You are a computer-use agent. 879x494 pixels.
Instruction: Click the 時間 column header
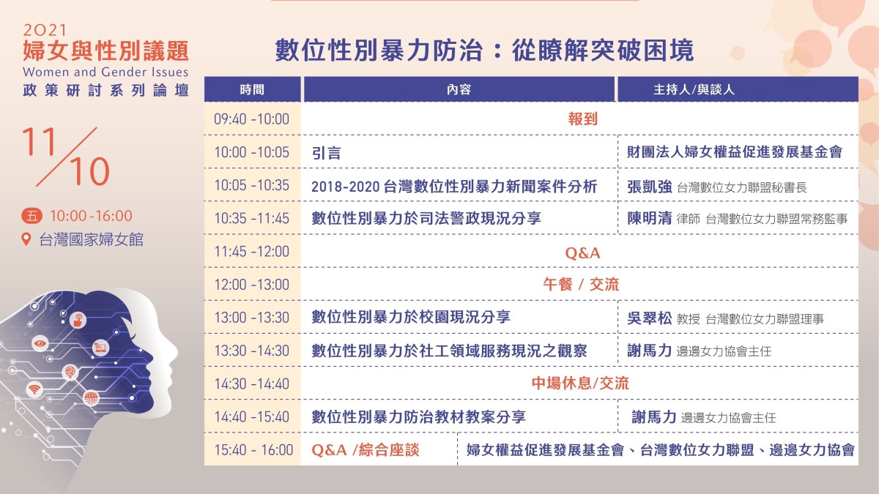coord(252,89)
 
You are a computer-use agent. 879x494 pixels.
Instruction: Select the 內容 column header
coord(459,89)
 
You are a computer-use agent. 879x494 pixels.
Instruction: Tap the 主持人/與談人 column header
coord(694,89)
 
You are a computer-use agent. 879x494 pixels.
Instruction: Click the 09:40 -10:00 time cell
coord(251,119)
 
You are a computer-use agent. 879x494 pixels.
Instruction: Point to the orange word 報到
coord(583,119)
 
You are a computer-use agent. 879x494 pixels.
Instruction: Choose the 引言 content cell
coord(327,152)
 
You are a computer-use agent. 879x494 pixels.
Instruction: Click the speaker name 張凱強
coord(650,187)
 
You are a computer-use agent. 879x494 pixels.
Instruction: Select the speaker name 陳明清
coord(650,218)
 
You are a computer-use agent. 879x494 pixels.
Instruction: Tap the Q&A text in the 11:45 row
coord(583,253)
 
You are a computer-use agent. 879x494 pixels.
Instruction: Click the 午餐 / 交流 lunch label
coord(581,285)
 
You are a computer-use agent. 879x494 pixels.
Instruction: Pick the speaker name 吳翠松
coord(650,318)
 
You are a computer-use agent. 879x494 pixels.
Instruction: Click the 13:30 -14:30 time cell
coord(251,351)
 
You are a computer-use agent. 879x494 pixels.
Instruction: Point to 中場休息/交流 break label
coord(580,383)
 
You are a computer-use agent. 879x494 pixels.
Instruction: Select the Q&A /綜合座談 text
coord(366,449)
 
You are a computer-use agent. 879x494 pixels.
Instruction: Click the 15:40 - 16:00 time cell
coord(253,449)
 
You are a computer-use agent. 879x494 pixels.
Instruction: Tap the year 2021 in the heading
coord(45,30)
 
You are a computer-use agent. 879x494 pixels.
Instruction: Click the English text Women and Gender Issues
coord(105,72)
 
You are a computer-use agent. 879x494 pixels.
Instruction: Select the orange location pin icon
coord(26,239)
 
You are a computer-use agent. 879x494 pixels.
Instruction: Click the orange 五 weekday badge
coord(31,216)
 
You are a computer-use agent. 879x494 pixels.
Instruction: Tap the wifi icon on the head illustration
coord(34,389)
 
